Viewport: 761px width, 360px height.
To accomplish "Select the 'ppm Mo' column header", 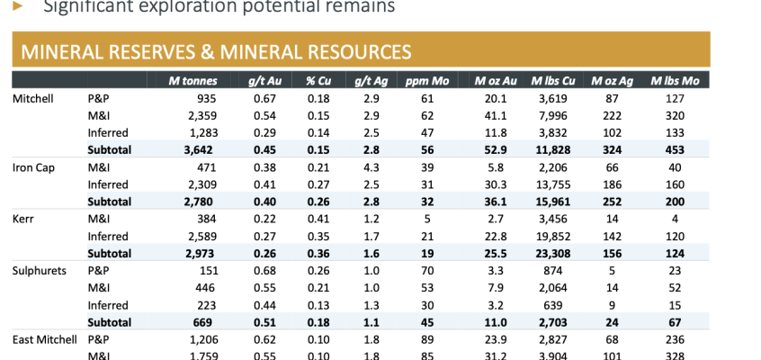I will point(416,81).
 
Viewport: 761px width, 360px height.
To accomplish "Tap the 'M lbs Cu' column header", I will point(548,81).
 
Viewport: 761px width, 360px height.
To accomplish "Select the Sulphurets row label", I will point(40,270).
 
